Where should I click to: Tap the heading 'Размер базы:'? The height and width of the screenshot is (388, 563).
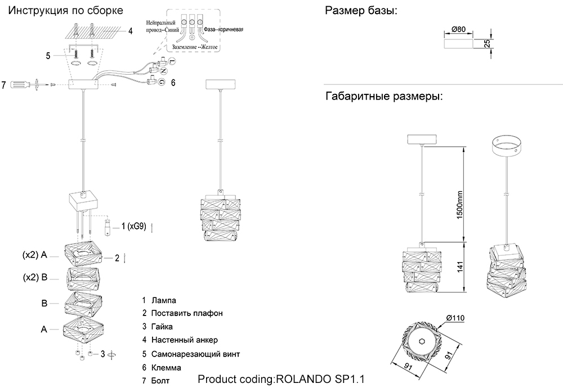click(361, 11)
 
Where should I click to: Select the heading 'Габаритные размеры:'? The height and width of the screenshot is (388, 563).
click(384, 96)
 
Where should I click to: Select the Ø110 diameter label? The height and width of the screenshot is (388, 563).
click(455, 318)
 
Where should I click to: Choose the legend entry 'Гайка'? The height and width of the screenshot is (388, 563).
click(162, 326)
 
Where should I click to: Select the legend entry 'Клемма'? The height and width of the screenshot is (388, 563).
click(167, 368)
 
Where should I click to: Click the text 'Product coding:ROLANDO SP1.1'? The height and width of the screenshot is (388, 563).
click(285, 379)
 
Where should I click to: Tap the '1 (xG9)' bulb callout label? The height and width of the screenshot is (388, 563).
click(133, 227)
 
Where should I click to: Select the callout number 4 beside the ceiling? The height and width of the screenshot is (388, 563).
click(130, 31)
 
